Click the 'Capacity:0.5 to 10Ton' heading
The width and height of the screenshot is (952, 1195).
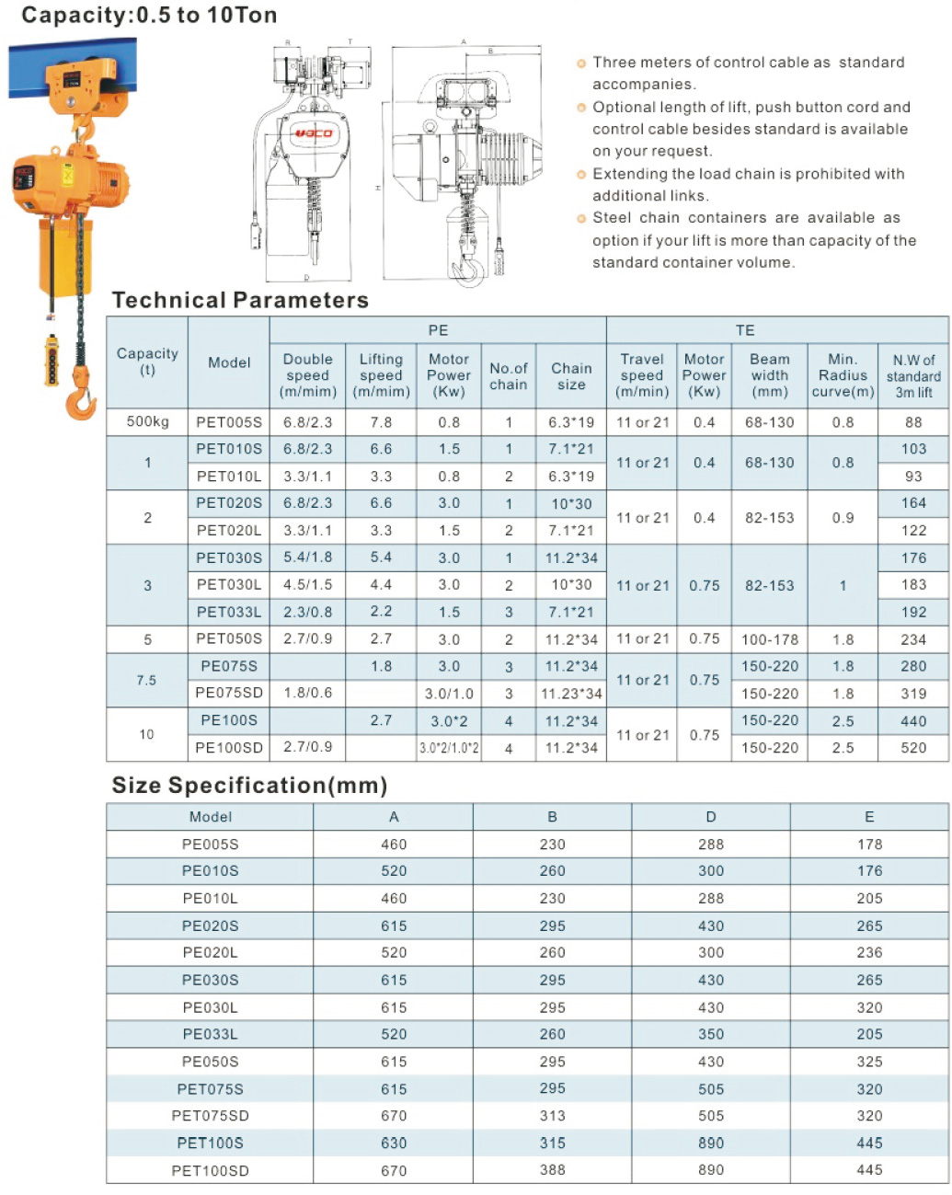[149, 15]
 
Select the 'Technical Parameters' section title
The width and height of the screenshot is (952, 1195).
[240, 301]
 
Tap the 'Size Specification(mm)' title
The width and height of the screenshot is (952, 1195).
[249, 786]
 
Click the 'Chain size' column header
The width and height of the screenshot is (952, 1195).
[571, 375]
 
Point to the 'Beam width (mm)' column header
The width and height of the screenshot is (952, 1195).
[769, 375]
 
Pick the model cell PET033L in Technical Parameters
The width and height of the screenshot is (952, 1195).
[229, 612]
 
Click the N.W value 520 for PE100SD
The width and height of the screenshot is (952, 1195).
[913, 748]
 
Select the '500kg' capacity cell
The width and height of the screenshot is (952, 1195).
[147, 422]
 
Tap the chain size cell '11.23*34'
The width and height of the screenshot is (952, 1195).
[571, 694]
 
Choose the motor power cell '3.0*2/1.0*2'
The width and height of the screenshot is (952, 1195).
[449, 748]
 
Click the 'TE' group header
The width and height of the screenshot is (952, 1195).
[745, 330]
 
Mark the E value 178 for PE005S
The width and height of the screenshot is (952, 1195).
[869, 845]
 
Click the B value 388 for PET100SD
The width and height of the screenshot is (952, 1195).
[552, 1170]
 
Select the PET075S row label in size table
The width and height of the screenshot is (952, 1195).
[210, 1089]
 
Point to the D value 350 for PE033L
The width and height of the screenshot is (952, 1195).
[711, 1035]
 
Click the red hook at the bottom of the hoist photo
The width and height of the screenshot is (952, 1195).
[82, 398]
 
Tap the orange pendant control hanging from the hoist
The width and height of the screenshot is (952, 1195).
[52, 360]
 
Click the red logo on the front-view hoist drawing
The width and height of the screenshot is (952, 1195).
[313, 134]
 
